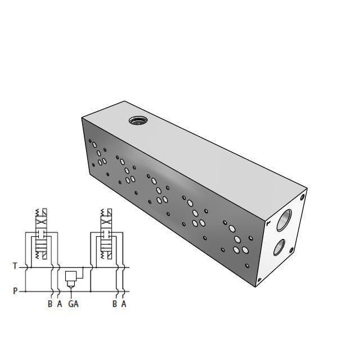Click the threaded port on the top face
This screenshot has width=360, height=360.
[137, 120]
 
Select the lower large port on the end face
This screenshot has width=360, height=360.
[280, 246]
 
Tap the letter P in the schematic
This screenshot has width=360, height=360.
[15, 291]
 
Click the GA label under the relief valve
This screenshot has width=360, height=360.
[73, 304]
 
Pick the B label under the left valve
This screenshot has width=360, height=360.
[50, 304]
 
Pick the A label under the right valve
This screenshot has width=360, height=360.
[124, 304]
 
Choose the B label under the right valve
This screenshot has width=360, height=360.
[115, 304]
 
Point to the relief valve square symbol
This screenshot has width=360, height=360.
[71, 277]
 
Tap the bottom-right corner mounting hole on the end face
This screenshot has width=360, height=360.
[259, 280]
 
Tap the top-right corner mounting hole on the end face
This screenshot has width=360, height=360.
[304, 197]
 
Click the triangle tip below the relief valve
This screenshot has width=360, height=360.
[71, 287]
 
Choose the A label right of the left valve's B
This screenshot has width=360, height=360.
[59, 304]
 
